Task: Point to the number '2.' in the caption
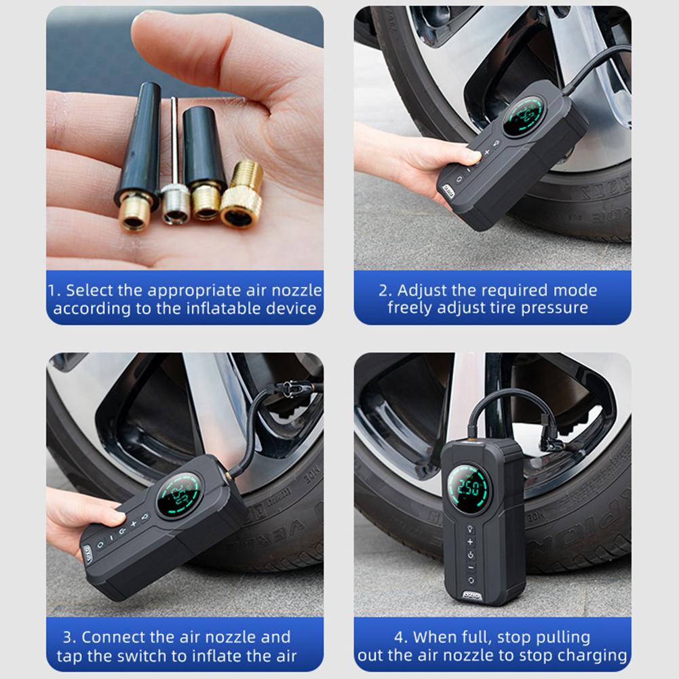(385, 291)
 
